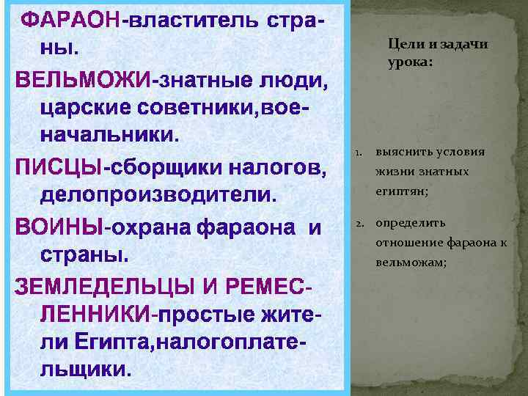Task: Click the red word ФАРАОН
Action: click(70, 21)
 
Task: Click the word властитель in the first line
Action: click(184, 21)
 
